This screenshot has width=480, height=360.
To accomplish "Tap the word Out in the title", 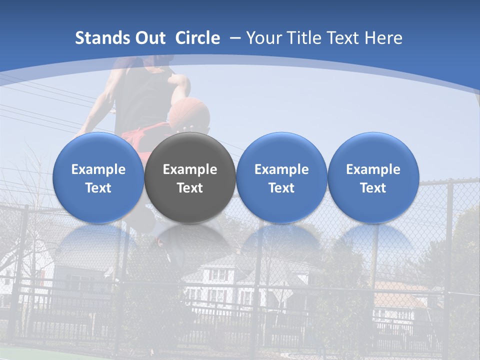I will click(x=148, y=38).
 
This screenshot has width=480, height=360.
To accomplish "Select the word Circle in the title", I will click(x=197, y=38).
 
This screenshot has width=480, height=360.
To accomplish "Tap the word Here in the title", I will click(x=383, y=38).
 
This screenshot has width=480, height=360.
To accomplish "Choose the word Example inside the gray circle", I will click(x=189, y=169).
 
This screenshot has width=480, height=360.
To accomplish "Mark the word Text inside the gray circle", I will click(x=189, y=188).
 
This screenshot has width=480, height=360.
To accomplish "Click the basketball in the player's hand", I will click(x=188, y=112).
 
